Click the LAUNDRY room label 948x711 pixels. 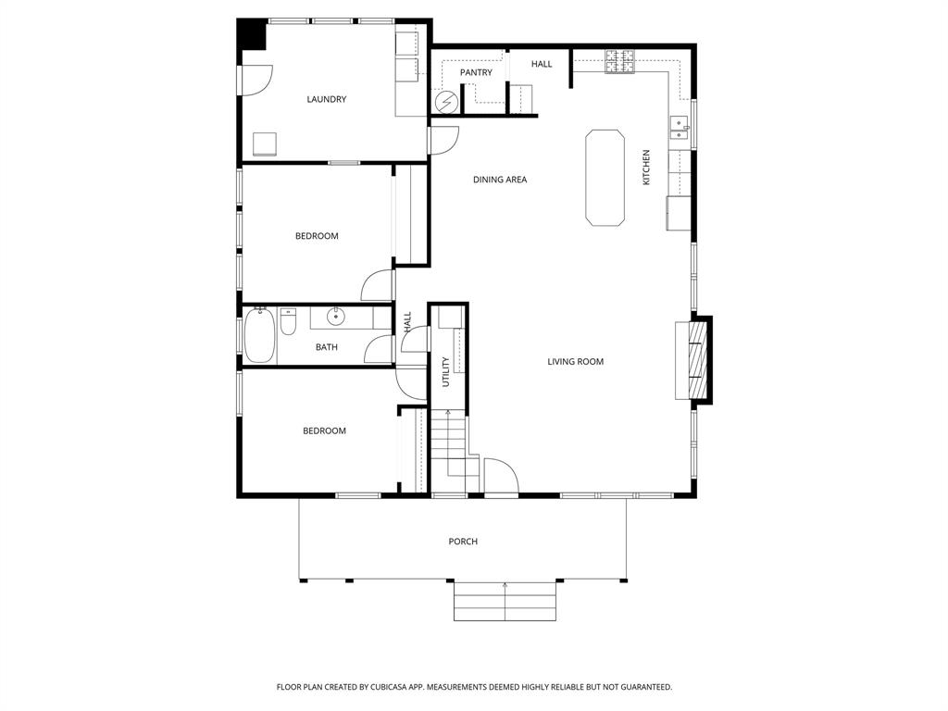pyautogui.click(x=326, y=99)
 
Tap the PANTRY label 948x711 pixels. pyautogui.click(x=476, y=72)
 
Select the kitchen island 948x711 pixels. pyautogui.click(x=605, y=177)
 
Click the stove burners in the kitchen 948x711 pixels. pyautogui.click(x=620, y=61)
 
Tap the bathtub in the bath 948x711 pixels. pyautogui.click(x=259, y=335)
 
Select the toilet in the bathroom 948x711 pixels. pyautogui.click(x=288, y=323)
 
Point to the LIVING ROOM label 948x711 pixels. pyautogui.click(x=575, y=361)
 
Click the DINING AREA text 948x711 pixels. pyautogui.click(x=499, y=180)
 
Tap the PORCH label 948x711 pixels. pyautogui.click(x=463, y=542)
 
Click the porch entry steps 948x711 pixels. pyautogui.click(x=505, y=602)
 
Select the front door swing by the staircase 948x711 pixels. pyautogui.click(x=501, y=476)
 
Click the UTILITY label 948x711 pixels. pyautogui.click(x=445, y=371)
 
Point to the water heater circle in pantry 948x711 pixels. pyautogui.click(x=446, y=100)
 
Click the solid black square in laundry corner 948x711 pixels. pyautogui.click(x=251, y=34)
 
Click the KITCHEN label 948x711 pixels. pyautogui.click(x=646, y=167)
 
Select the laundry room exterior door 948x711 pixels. pyautogui.click(x=254, y=80)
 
